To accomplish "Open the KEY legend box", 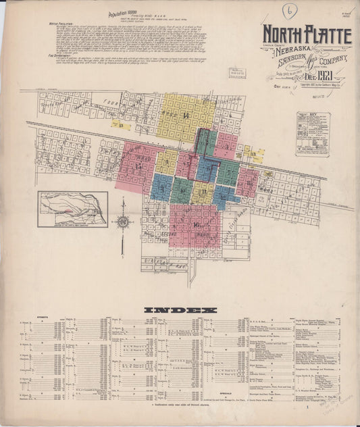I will pyautogui.click(x=312, y=134).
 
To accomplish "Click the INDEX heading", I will pyautogui.click(x=180, y=310).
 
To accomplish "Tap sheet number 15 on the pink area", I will pyautogui.click(x=139, y=166).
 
